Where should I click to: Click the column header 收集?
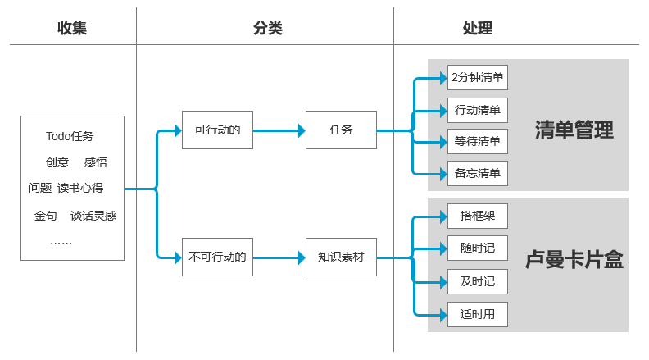[x=72, y=28]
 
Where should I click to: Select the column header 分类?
[x=267, y=28]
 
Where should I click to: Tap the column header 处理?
[x=478, y=28]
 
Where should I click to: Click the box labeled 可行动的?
[x=217, y=130]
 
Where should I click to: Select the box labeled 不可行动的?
[x=217, y=257]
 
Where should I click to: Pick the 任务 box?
[x=341, y=130]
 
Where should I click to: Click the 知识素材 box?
[x=341, y=257]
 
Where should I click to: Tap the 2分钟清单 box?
[x=478, y=79]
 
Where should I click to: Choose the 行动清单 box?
[x=478, y=110]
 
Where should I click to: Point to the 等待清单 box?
[x=478, y=141]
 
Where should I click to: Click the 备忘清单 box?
[x=478, y=173]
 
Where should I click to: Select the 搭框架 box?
[x=478, y=216]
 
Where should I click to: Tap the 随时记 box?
[x=478, y=248]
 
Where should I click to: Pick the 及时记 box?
[x=478, y=281]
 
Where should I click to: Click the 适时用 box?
[x=478, y=314]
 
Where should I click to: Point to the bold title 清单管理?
[x=574, y=130]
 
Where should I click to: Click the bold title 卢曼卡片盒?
[x=574, y=261]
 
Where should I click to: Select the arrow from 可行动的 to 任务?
[x=279, y=130]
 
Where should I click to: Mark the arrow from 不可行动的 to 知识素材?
[x=279, y=257]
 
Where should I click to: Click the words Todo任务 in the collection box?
[x=70, y=136]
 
